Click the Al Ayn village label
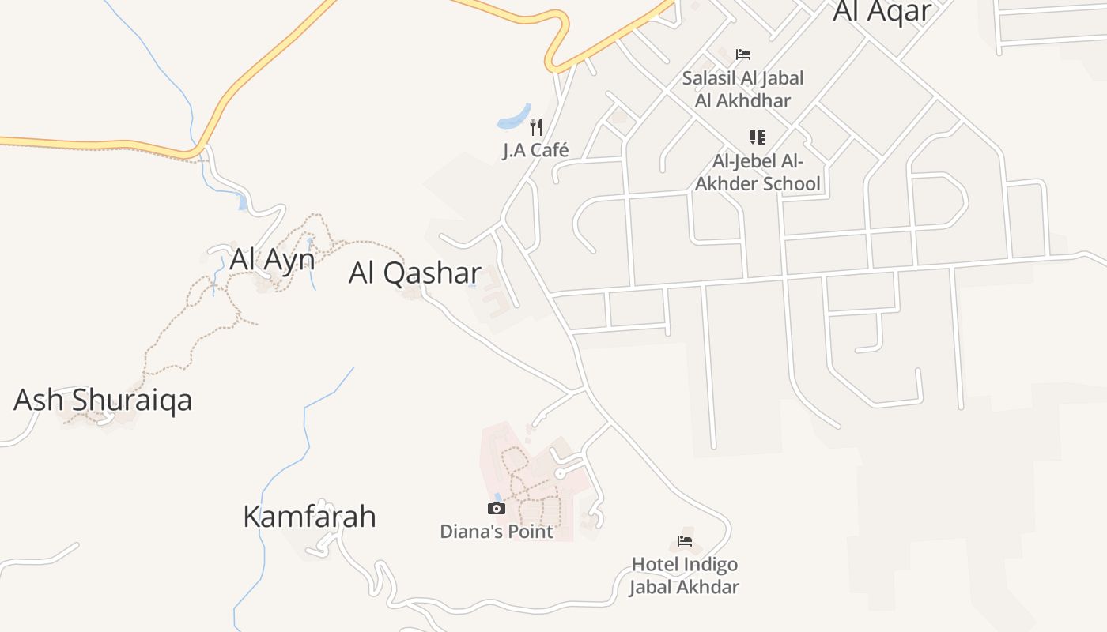coord(272,259)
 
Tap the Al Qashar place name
coord(414,273)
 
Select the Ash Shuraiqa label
coord(103,400)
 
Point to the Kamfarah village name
coord(309,517)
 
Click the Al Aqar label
coord(882,11)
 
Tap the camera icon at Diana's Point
coord(496,508)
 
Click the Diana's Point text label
coord(497,531)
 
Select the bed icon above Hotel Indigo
coord(685,541)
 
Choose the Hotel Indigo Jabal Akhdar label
coord(684,576)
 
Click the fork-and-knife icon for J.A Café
coord(536,126)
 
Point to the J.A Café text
coord(535,150)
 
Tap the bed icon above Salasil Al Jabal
coord(742,55)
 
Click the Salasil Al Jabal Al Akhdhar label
coord(742,89)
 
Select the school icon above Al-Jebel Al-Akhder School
coord(758,137)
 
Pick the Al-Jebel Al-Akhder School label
coord(758,173)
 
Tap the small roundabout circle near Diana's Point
coord(560,473)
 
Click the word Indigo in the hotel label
coord(706,565)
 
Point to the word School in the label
coord(790,184)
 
